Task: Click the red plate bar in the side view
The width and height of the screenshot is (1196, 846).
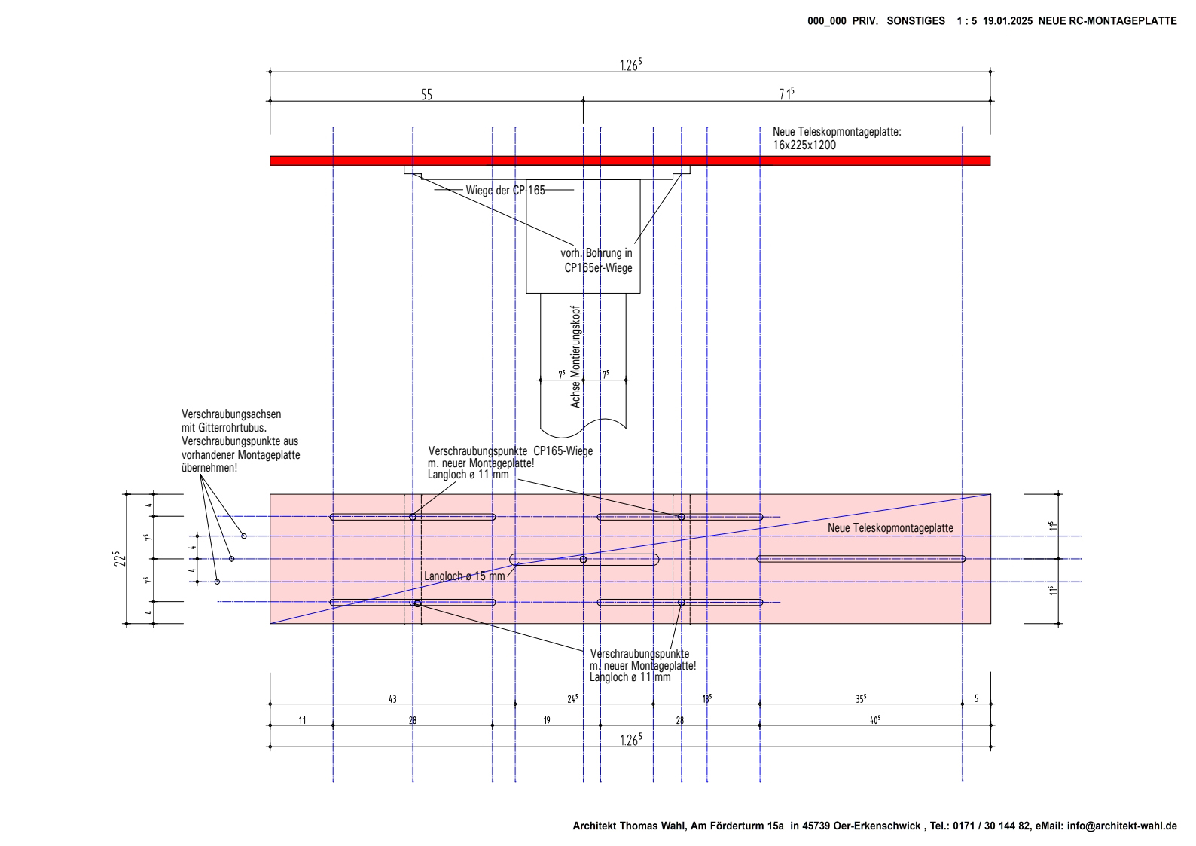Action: pyautogui.click(x=630, y=160)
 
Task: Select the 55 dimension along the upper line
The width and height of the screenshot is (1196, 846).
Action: pyautogui.click(x=426, y=95)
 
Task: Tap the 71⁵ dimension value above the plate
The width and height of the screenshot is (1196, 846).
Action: pyautogui.click(x=786, y=94)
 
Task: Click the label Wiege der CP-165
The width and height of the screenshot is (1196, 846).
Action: pyautogui.click(x=505, y=190)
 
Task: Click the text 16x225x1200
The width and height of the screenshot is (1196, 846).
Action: pyautogui.click(x=804, y=145)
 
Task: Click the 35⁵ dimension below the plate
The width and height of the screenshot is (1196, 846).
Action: pyautogui.click(x=860, y=698)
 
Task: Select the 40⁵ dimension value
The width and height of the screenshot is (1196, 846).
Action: pyautogui.click(x=874, y=720)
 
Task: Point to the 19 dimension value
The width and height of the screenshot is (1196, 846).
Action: pyautogui.click(x=547, y=720)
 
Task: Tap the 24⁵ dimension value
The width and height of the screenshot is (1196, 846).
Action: pyautogui.click(x=572, y=698)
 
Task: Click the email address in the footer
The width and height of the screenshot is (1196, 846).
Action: pyautogui.click(x=1122, y=826)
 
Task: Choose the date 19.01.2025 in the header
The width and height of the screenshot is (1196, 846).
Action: pyautogui.click(x=1007, y=21)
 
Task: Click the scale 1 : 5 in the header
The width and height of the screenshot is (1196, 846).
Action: pyautogui.click(x=966, y=21)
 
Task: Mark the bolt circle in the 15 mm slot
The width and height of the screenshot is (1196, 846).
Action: pyautogui.click(x=583, y=560)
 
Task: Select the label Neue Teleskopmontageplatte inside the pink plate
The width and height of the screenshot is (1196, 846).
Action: pyautogui.click(x=890, y=528)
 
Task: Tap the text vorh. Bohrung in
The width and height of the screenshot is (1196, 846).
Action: pyautogui.click(x=596, y=254)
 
